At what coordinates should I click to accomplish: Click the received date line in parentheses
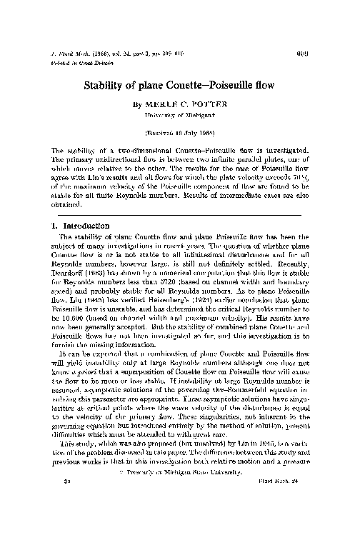(179, 133)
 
